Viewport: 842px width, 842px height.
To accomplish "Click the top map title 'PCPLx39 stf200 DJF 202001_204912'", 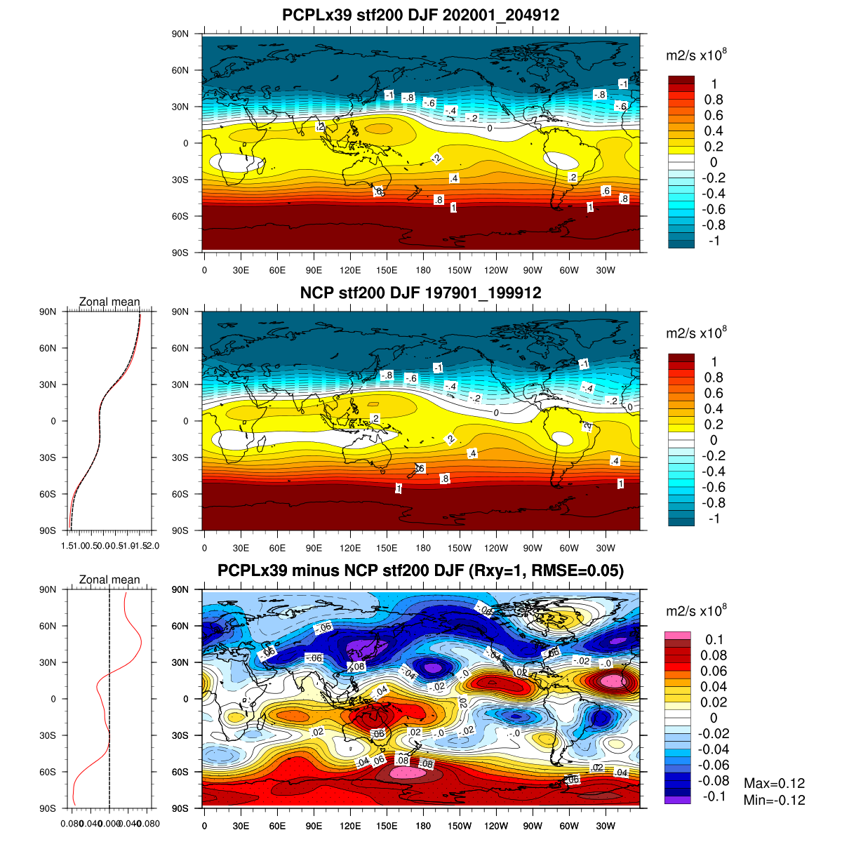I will pos(420,15).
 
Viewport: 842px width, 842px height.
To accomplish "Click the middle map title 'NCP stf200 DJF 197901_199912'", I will pos(420,293).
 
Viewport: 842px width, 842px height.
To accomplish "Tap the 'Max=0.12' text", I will pos(774,783).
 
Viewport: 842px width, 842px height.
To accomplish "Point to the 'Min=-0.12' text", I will pos(774,800).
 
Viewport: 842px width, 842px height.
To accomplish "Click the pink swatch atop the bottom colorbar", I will pos(678,635).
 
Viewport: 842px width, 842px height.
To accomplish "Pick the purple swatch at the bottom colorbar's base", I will pos(678,800).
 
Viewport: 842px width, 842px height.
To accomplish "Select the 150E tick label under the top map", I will pos(387,270).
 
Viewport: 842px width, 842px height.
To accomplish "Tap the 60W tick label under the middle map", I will pos(569,548).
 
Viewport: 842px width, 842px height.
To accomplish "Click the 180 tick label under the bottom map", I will pos(423,826).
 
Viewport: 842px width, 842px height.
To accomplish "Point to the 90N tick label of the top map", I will pos(181,34).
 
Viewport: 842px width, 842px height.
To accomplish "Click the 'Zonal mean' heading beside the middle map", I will pos(109,302).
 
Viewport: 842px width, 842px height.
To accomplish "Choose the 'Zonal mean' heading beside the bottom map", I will pos(109,580).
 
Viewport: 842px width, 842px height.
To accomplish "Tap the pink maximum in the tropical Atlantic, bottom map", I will pos(612,681).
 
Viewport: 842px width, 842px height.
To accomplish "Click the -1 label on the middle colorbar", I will pos(714,519).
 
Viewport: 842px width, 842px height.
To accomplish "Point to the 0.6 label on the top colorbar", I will pos(714,115).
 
